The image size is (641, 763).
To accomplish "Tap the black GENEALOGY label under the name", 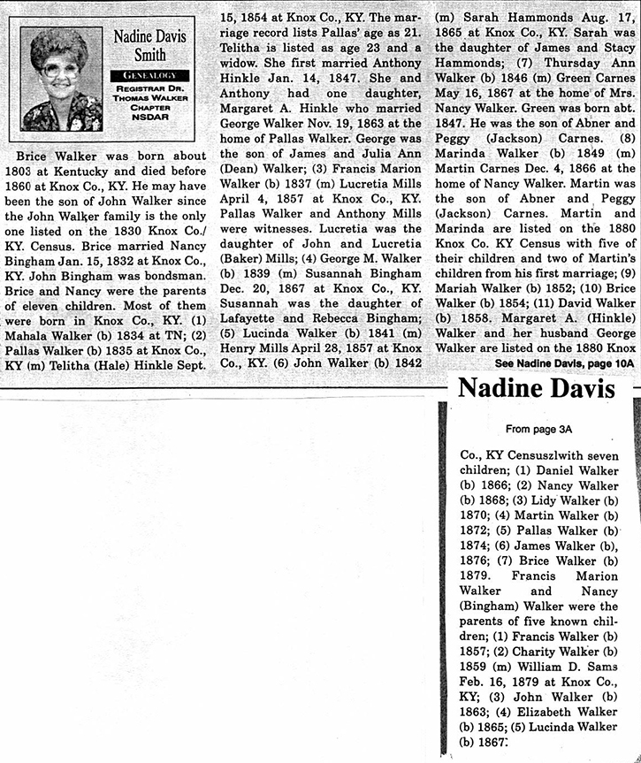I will [144, 76].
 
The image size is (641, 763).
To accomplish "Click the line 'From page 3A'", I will [537, 429].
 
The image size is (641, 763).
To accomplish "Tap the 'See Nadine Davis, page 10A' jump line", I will [563, 363].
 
